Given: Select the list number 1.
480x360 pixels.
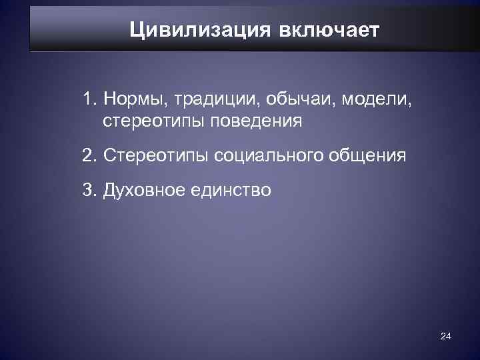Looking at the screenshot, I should pyautogui.click(x=89, y=99).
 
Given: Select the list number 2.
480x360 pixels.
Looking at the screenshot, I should pyautogui.click(x=89, y=156).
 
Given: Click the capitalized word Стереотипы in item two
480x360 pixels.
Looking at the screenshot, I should pyautogui.click(x=155, y=156).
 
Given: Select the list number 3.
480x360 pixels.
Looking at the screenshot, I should pyautogui.click(x=89, y=190).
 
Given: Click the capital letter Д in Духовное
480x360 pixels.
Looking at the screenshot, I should pyautogui.click(x=109, y=191).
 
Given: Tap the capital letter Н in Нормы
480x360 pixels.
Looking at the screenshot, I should pyautogui.click(x=109, y=99).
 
